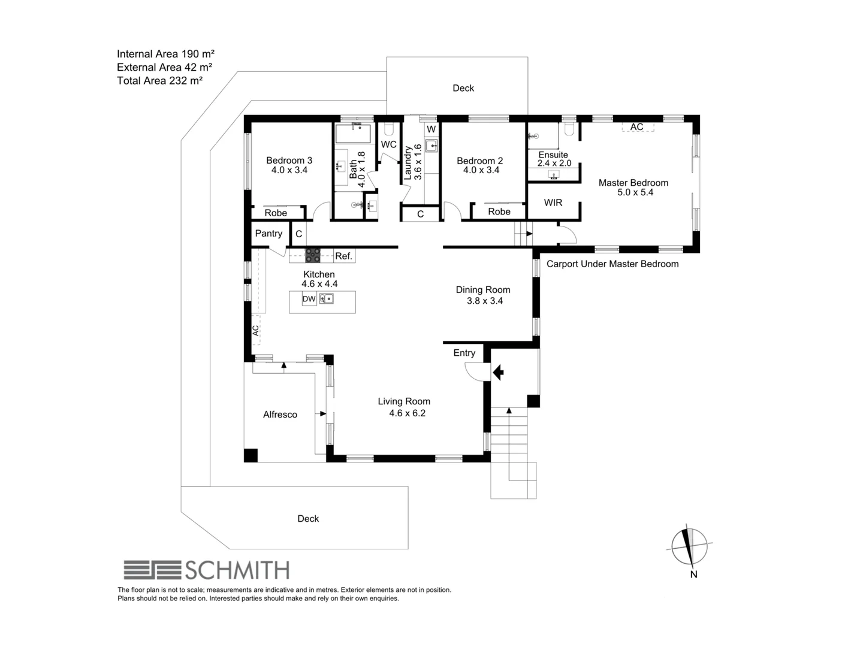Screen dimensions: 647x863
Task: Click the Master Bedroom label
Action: point(633,183)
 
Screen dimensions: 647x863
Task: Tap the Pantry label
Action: point(268,234)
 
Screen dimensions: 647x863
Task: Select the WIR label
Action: point(553,202)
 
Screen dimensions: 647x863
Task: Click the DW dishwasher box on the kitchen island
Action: point(309,299)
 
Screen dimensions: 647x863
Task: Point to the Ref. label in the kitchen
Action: point(343,256)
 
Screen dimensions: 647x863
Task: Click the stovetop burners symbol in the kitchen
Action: point(313,256)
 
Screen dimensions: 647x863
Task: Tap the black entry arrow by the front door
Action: point(497,373)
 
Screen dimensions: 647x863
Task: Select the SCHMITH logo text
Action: point(237,570)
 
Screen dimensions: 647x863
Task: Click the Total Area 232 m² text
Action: point(159,81)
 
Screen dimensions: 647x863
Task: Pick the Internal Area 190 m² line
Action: point(165,54)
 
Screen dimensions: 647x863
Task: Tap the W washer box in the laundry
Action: point(431,129)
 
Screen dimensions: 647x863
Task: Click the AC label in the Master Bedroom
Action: point(636,127)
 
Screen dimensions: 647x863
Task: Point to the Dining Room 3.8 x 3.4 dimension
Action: point(484,301)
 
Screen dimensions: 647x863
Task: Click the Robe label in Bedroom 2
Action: point(499,211)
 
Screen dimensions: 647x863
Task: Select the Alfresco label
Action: point(280,415)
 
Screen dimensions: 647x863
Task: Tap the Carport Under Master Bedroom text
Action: point(612,264)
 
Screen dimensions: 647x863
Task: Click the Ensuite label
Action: point(553,155)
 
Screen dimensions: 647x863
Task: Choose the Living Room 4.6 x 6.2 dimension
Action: point(407,413)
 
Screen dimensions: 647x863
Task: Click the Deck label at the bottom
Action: point(308,519)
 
